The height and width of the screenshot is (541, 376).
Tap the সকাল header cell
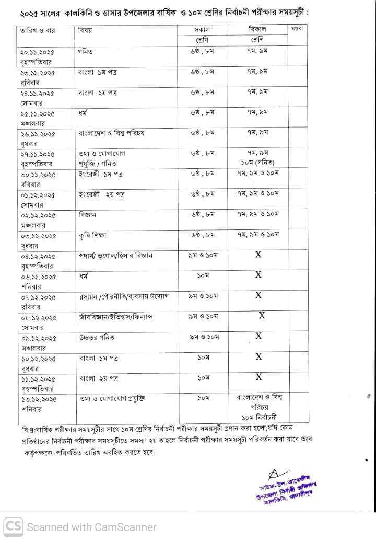coord(202,30)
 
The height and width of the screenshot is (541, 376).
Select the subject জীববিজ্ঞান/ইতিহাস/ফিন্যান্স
coord(116,317)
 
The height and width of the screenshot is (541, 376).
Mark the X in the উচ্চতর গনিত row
coord(258,336)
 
